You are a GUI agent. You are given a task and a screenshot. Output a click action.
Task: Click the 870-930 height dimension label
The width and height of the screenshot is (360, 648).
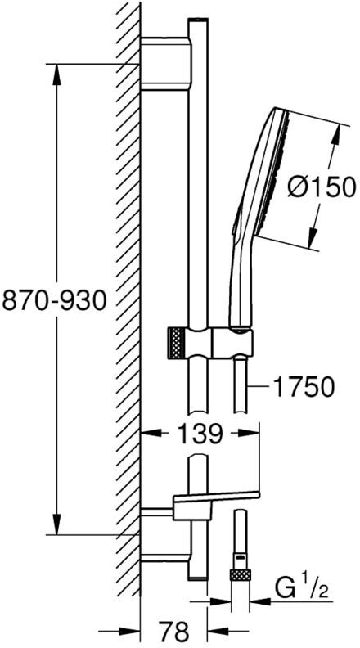(54, 300)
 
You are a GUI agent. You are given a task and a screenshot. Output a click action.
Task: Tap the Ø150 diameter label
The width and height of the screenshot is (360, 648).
(322, 187)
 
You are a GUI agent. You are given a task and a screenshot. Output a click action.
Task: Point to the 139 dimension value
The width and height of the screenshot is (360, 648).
(200, 434)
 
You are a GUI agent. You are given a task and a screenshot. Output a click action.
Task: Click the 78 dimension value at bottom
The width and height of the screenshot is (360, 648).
(173, 632)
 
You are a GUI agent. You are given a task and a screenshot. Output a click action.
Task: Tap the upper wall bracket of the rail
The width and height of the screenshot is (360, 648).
(166, 63)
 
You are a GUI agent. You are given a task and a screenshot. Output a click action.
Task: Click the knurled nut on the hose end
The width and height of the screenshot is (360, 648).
(241, 575)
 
